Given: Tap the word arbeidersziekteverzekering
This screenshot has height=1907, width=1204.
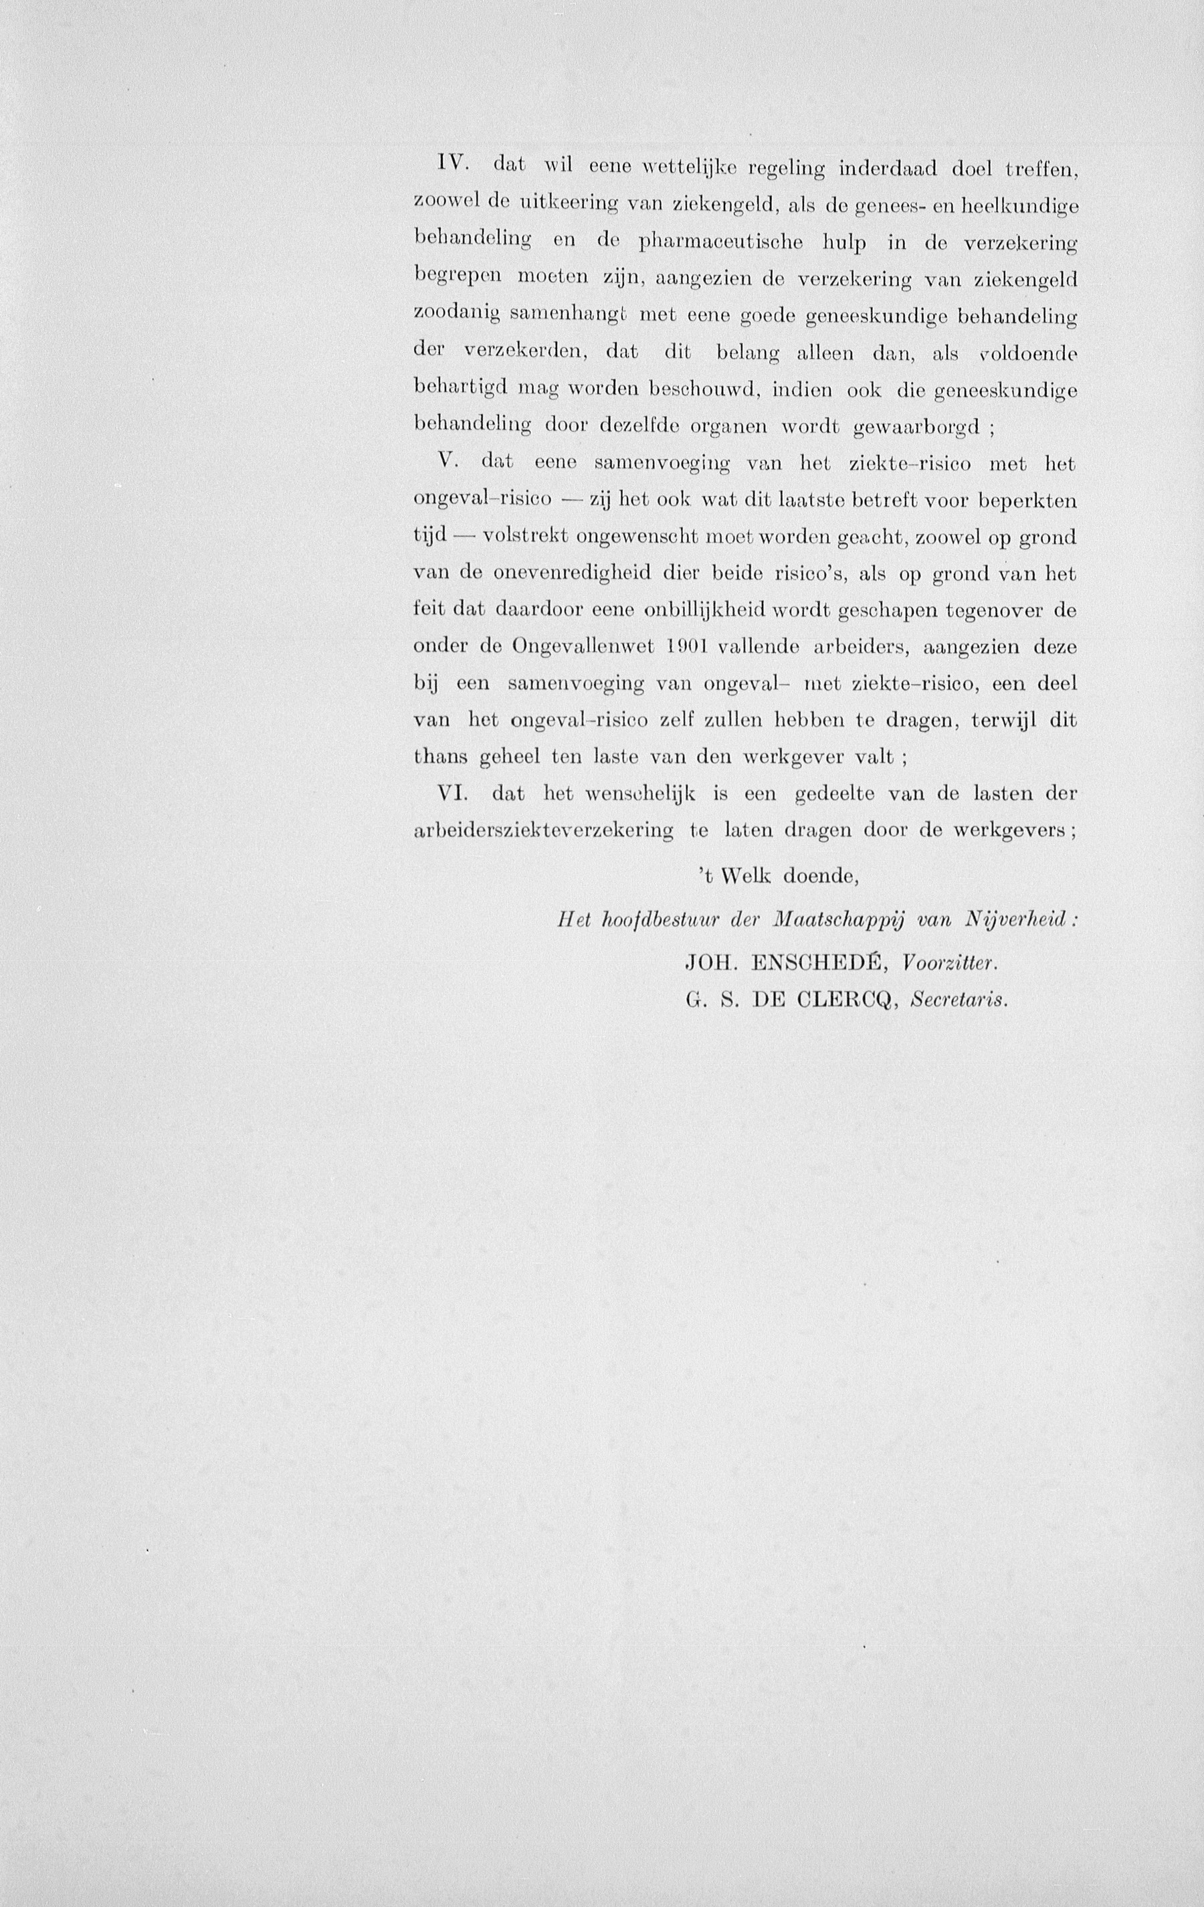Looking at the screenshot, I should pos(544,831).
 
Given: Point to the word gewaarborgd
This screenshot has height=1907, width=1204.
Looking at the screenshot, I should pos(918,428).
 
